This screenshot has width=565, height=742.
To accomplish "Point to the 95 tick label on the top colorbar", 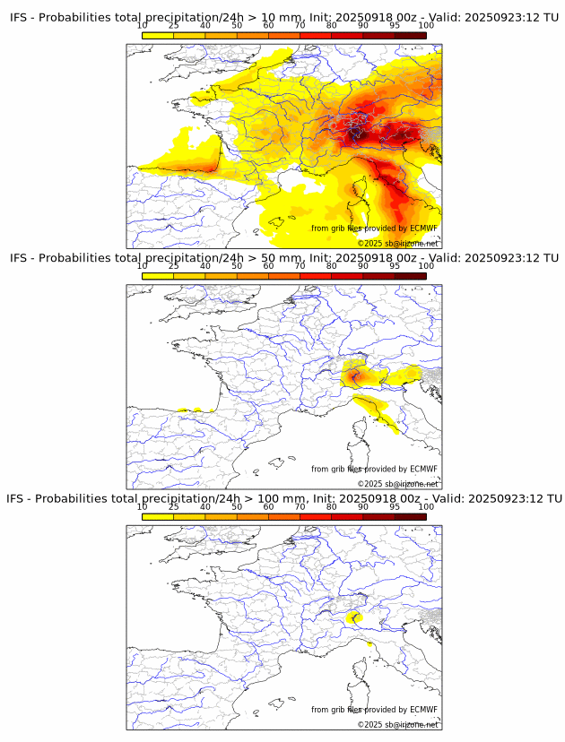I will click(395, 25).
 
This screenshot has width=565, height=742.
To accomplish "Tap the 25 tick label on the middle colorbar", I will click(174, 266).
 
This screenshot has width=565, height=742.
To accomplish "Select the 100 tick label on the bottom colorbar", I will click(426, 507).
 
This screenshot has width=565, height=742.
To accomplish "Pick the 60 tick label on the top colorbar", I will click(268, 25).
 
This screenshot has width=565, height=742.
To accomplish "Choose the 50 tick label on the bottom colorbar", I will click(237, 507).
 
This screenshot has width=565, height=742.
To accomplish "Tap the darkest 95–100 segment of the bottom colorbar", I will click(411, 516).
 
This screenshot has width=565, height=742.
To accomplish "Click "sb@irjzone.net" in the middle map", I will click(412, 484).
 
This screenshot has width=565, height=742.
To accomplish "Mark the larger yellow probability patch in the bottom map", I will click(354, 617).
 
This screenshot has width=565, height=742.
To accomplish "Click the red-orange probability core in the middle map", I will click(357, 374).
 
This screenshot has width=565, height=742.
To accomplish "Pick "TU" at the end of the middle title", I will click(553, 258).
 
